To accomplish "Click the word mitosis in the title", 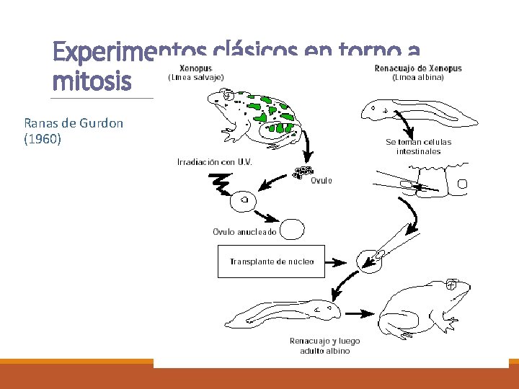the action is tap(92, 81).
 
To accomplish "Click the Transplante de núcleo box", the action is tap(271, 261).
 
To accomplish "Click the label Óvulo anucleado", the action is tap(244, 232).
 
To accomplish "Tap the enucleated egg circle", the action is tap(292, 229).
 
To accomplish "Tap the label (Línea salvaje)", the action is tap(196, 76).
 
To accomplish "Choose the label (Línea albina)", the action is tap(418, 76).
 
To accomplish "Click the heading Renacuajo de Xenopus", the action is tap(418, 68).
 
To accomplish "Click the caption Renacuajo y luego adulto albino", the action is tap(324, 346).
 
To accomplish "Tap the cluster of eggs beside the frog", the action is tap(303, 172).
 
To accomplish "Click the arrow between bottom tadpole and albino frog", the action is tap(360, 313).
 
